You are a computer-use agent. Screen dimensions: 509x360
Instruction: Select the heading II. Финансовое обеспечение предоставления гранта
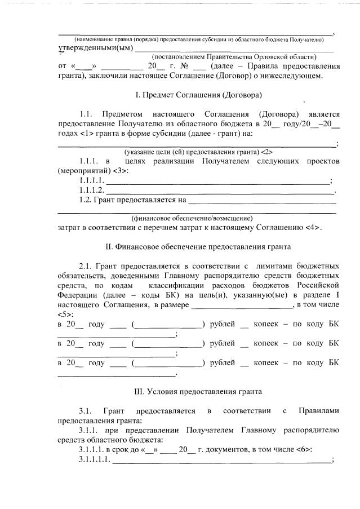[x=198, y=247]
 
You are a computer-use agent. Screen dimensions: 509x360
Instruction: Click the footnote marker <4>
[x=313, y=228]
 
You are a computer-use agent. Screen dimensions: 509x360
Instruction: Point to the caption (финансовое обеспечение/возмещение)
[x=192, y=218]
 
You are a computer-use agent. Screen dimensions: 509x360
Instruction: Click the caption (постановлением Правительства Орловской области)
[x=234, y=57]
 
